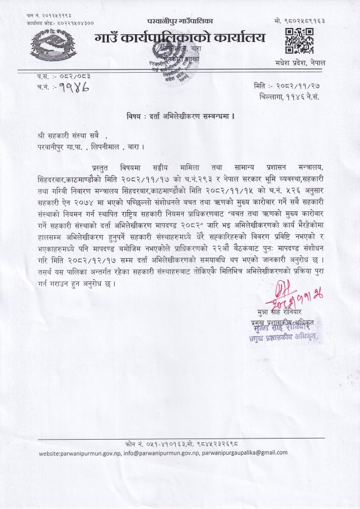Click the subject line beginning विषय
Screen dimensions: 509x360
click(x=180, y=116)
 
